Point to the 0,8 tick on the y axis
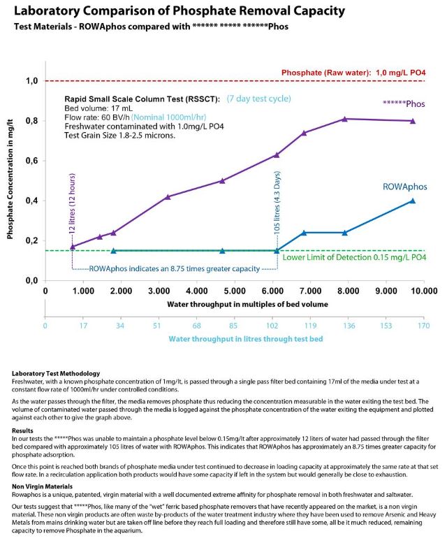tap(32, 121)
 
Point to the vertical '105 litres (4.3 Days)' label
tap(277, 210)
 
